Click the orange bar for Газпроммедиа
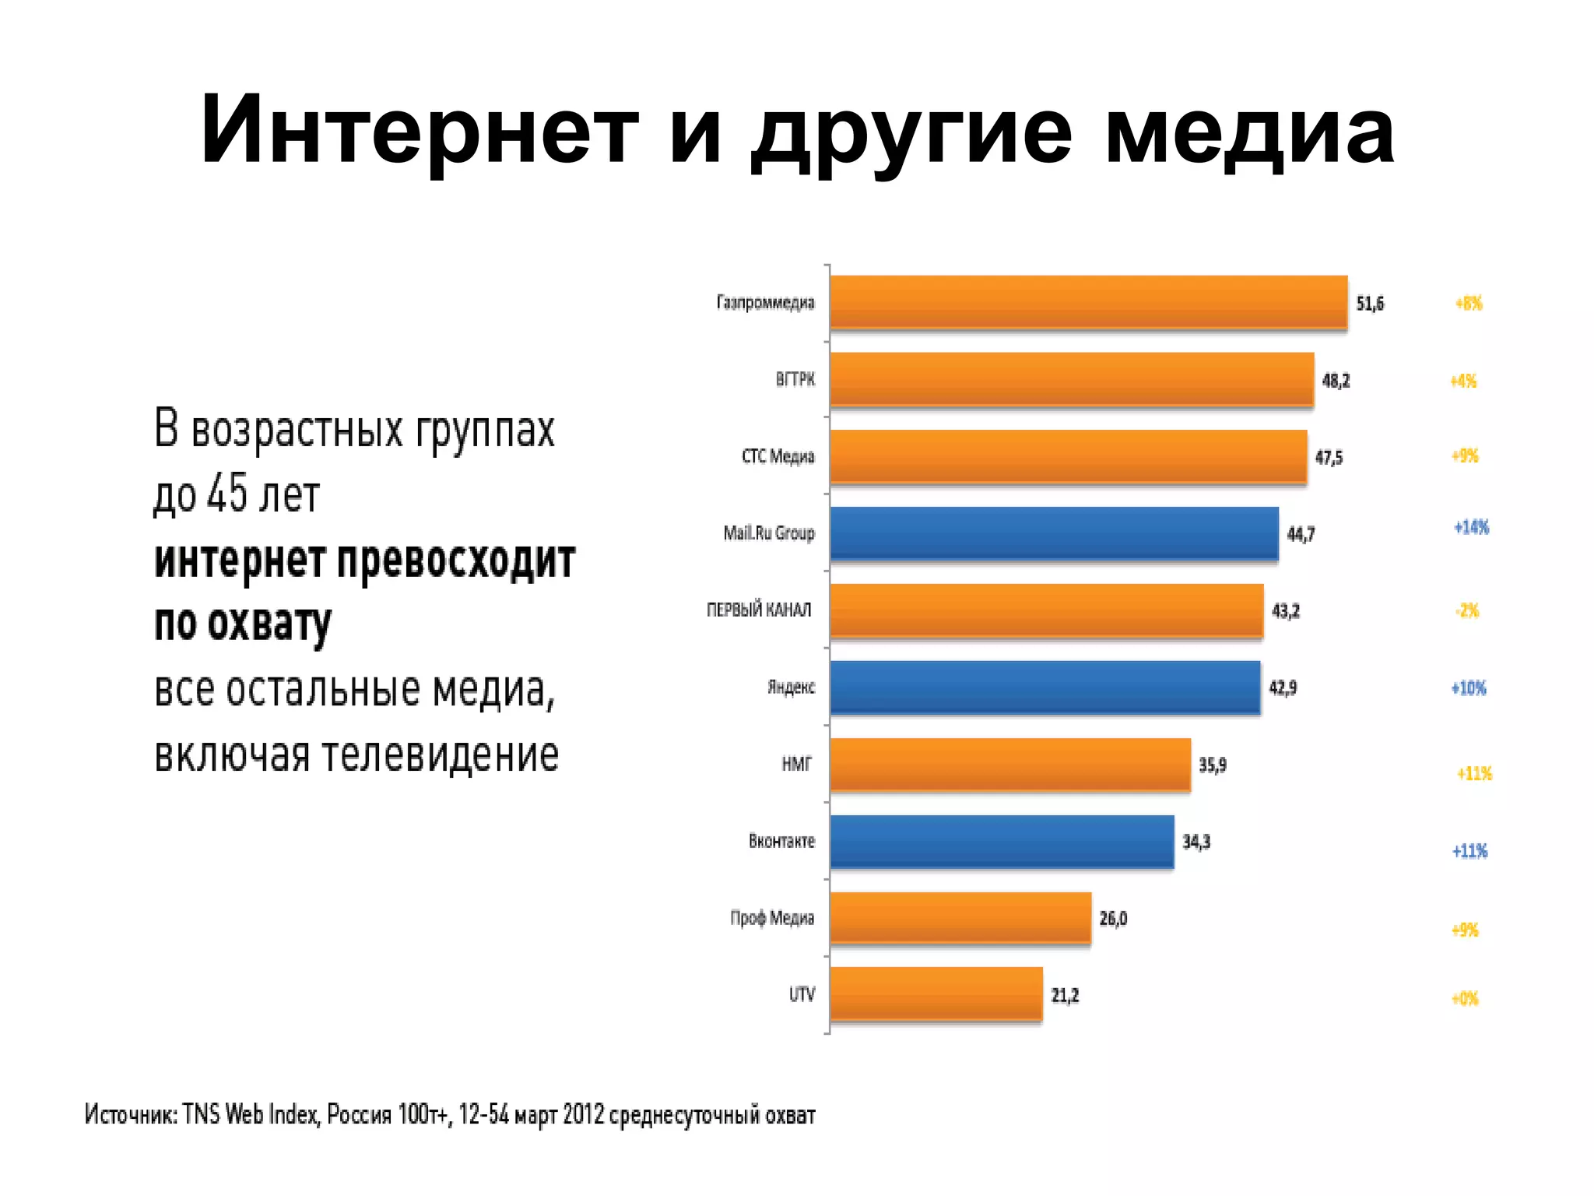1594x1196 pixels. [1088, 302]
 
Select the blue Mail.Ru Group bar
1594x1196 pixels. [1054, 533]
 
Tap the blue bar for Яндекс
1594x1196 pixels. [1045, 688]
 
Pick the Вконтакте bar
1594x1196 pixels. [1002, 842]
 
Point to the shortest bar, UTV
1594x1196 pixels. [936, 994]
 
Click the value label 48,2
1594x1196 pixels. [1336, 381]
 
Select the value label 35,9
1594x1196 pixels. [1212, 765]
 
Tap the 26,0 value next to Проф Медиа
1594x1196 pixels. [1113, 919]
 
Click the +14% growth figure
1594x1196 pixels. [1471, 528]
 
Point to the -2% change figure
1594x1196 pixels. [1467, 611]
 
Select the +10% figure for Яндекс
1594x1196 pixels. [1469, 688]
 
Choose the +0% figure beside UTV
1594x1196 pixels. [1465, 999]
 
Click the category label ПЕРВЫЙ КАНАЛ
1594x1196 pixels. [759, 610]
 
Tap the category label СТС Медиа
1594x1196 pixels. [778, 456]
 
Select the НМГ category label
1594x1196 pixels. [796, 765]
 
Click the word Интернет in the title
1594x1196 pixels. [420, 129]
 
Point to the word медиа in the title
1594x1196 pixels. [1249, 129]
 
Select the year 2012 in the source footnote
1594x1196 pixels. [583, 1115]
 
